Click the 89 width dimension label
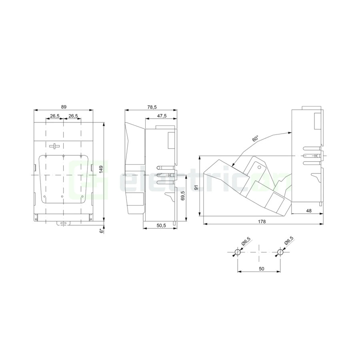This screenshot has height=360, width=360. (64, 107)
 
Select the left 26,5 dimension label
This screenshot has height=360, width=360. (55, 116)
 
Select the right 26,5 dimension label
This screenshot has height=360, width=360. (73, 116)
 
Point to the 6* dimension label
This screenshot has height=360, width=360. (101, 231)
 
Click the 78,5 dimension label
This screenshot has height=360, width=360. (152, 107)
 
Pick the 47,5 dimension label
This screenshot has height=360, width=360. (162, 116)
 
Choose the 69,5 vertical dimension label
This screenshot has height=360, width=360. (183, 195)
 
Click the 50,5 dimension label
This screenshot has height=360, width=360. (161, 226)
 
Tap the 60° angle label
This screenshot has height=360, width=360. (255, 139)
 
